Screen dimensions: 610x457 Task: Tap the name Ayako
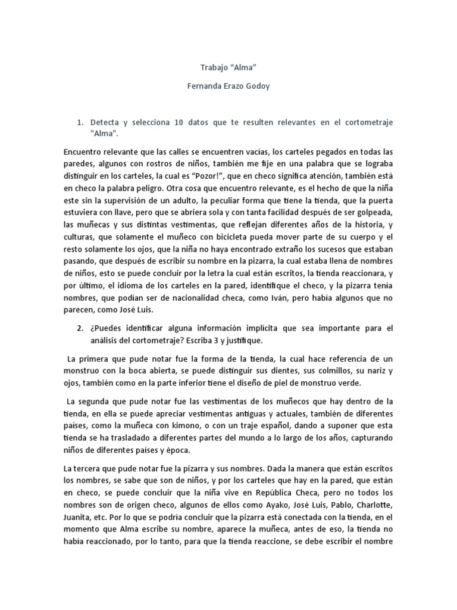[x=271, y=505]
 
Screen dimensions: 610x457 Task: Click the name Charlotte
[x=372, y=505]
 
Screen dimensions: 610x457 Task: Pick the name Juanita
[x=80, y=518]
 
